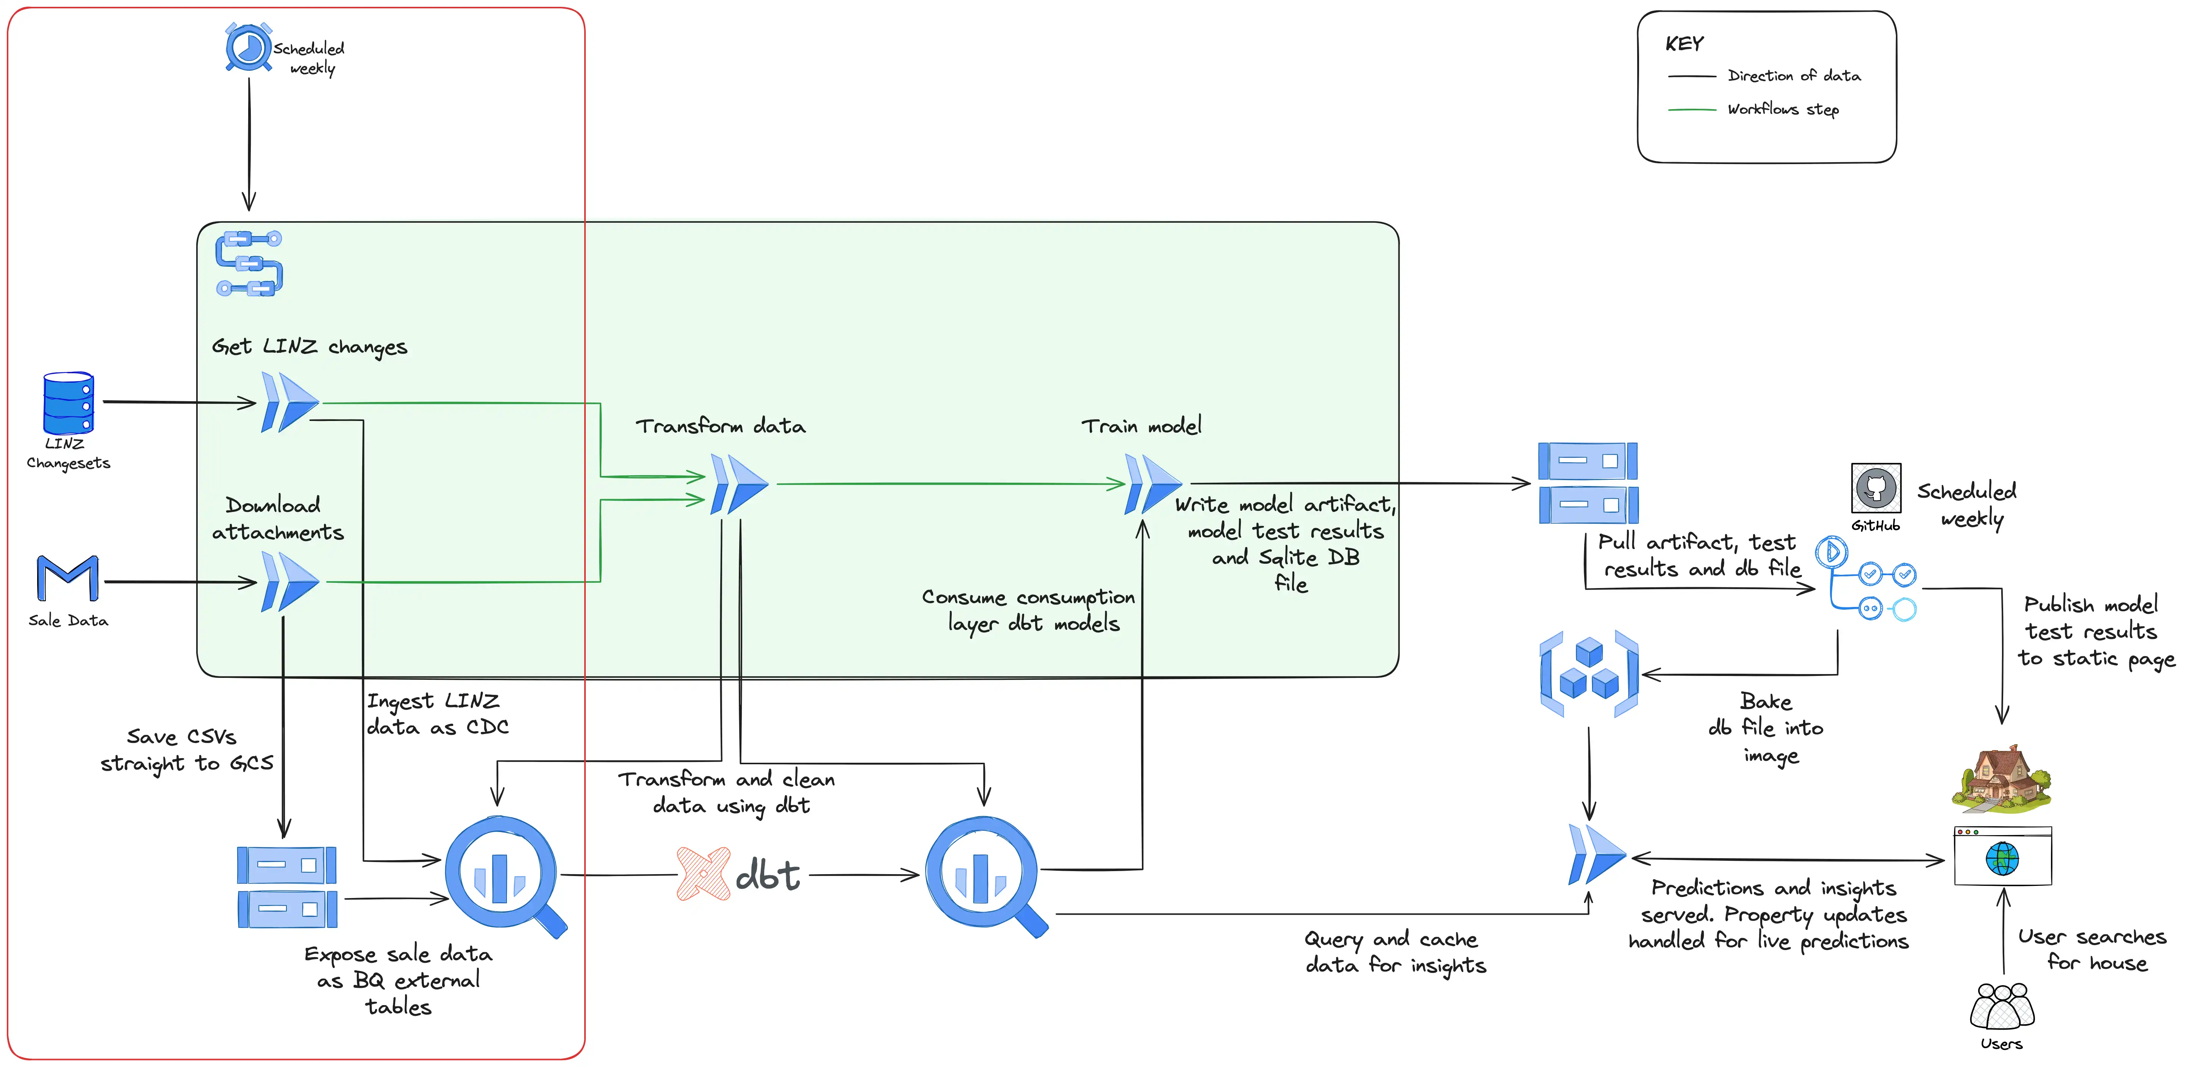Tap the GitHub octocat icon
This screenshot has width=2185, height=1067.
(x=1875, y=488)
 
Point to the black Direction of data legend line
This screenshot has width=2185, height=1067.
(x=1691, y=76)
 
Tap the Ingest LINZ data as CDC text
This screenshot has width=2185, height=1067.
(x=437, y=714)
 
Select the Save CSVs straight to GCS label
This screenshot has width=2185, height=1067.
(x=187, y=750)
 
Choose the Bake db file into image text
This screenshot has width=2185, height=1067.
(x=1767, y=728)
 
